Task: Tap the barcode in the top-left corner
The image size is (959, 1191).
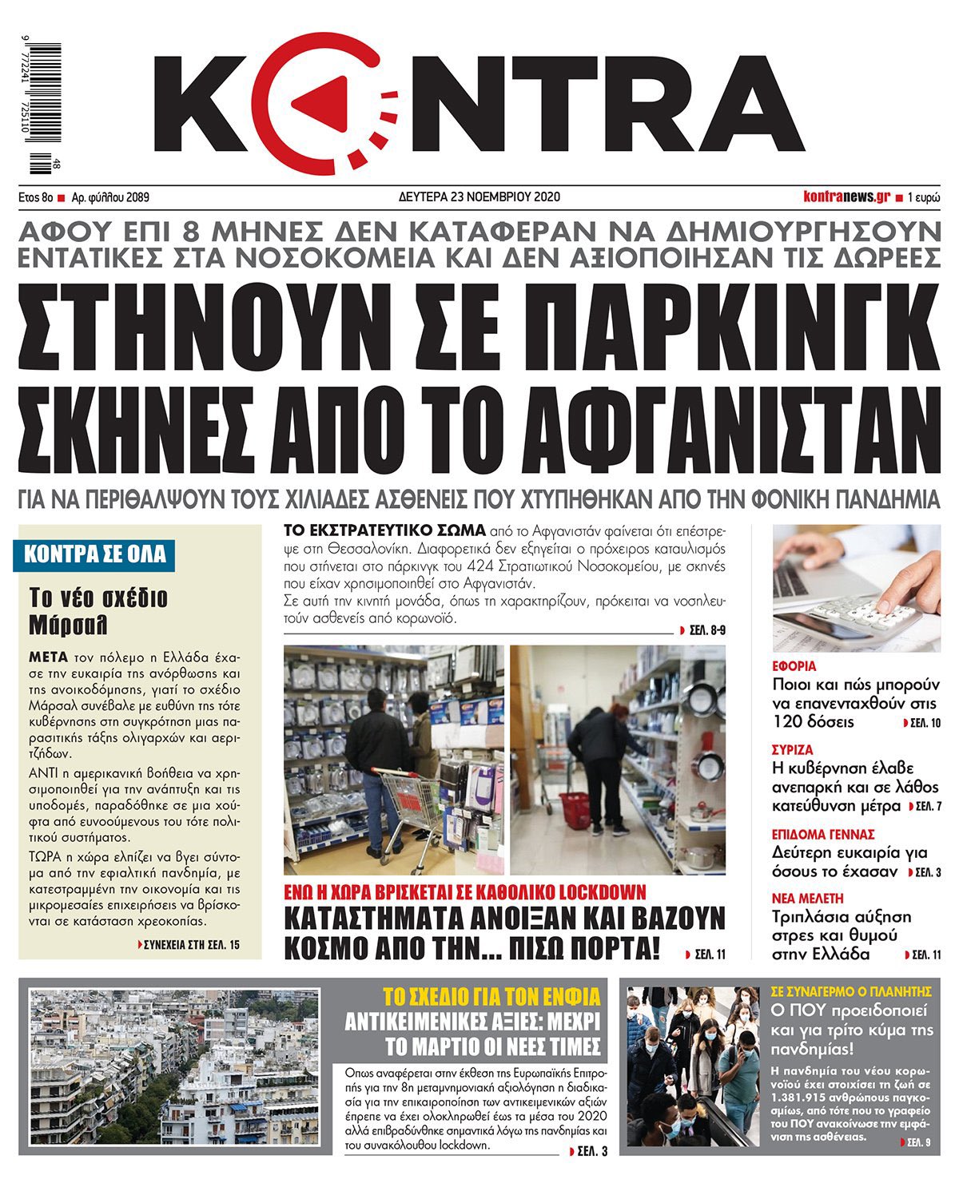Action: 46,109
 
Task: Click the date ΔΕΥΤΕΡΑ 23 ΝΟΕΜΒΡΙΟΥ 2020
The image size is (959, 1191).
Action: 479,197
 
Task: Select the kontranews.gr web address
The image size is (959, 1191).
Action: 846,197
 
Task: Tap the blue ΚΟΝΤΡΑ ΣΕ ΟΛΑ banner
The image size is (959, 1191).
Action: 94,554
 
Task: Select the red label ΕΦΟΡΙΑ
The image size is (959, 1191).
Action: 794,666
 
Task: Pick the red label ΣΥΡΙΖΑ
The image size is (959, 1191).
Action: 793,750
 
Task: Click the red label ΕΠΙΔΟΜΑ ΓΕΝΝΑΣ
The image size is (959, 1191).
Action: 823,835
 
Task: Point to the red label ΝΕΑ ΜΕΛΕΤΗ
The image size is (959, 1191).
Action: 808,899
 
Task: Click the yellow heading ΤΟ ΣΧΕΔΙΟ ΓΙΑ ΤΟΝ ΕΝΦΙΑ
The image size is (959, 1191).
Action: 491,996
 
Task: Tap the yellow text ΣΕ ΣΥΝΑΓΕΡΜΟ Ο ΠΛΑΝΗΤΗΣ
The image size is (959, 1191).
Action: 852,989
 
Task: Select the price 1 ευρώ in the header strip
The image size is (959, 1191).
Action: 924,197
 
